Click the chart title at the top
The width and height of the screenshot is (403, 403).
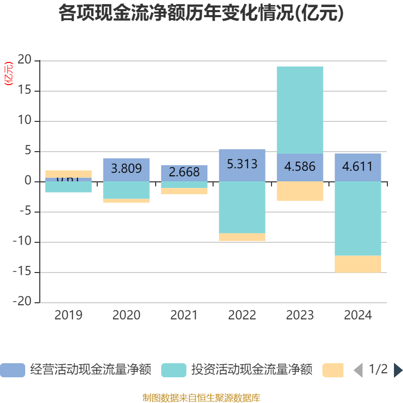[201, 14]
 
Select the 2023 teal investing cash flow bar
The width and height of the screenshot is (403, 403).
[300, 110]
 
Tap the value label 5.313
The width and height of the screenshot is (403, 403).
[242, 164]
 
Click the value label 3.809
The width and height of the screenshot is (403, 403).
[126, 169]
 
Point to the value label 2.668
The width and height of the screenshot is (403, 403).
[184, 172]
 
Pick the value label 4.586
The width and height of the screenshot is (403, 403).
[300, 166]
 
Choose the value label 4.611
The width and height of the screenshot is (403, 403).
[358, 166]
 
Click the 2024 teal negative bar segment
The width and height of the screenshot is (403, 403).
[358, 219]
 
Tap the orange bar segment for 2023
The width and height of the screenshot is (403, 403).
[300, 191]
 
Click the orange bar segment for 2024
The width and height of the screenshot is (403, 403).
[358, 264]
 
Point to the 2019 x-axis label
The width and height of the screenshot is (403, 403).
[69, 315]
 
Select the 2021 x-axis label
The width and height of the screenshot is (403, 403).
[184, 315]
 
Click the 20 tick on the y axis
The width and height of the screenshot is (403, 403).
[25, 60]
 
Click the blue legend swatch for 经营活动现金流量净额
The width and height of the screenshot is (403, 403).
[12, 370]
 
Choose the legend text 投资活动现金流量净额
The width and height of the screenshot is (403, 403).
[251, 370]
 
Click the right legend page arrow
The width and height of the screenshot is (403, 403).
[398, 370]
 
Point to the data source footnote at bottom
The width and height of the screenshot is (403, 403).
[201, 398]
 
